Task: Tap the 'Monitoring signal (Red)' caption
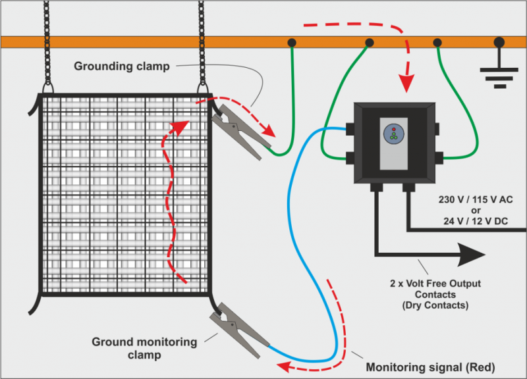(x=430, y=366)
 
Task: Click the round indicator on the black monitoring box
(x=394, y=132)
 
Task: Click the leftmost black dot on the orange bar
(x=291, y=43)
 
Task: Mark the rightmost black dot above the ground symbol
(x=499, y=43)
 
